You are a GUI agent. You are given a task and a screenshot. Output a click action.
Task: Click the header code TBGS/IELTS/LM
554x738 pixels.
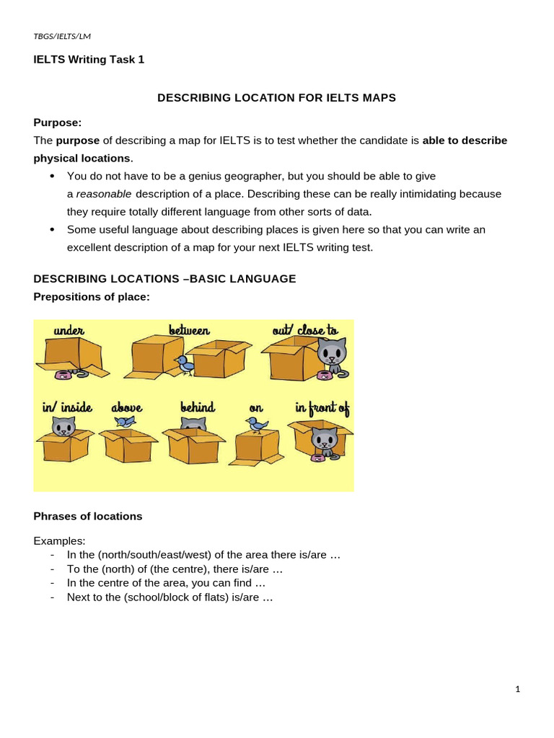pyautogui.click(x=62, y=36)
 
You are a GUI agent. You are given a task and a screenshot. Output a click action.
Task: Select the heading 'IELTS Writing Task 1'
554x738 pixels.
pyautogui.click(x=89, y=60)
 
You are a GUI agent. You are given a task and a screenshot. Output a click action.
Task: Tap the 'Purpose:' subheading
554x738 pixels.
pyautogui.click(x=58, y=123)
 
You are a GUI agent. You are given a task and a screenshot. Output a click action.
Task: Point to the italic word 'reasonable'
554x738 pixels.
pyautogui.click(x=104, y=194)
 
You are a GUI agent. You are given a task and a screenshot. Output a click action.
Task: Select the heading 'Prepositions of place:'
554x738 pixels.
pyautogui.click(x=92, y=296)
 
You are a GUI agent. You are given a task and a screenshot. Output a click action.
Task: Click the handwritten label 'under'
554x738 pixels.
pyautogui.click(x=69, y=331)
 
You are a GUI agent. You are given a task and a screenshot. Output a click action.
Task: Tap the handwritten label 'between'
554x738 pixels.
pyautogui.click(x=189, y=331)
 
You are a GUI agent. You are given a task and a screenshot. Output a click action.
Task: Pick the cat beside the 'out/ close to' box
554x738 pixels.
pyautogui.click(x=332, y=355)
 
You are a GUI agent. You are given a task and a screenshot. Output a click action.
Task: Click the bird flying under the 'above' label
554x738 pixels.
pyautogui.click(x=126, y=422)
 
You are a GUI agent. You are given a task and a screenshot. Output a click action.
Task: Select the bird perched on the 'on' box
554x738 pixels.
pyautogui.click(x=257, y=425)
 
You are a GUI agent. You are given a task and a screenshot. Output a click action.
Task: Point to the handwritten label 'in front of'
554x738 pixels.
pyautogui.click(x=322, y=408)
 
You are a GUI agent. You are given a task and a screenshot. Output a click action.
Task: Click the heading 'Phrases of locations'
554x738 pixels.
pyautogui.click(x=88, y=516)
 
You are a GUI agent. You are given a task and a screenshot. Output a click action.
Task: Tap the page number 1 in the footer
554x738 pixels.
pyautogui.click(x=517, y=689)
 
